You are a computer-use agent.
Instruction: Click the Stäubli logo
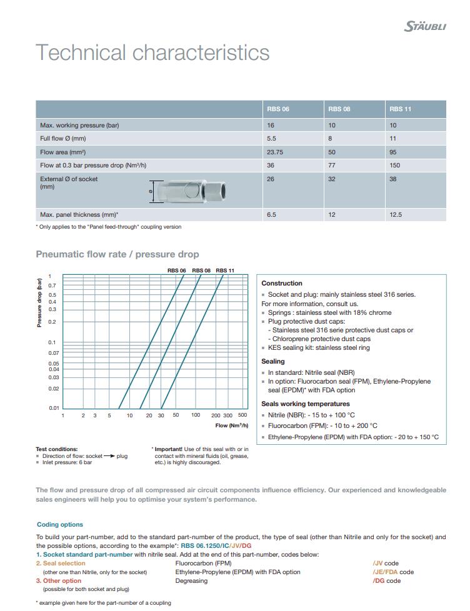[x=426, y=26]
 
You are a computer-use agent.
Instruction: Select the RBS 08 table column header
[x=339, y=109]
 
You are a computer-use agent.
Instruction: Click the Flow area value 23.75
[x=275, y=152]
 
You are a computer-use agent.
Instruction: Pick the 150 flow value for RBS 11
[x=395, y=166]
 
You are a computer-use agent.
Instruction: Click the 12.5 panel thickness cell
[x=396, y=214]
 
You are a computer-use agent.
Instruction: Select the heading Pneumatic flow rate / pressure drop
[x=117, y=254]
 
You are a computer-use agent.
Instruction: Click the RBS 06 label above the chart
[x=176, y=270]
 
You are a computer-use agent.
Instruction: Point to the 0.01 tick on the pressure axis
[x=54, y=408]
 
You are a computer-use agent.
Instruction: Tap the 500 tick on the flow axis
[x=242, y=415]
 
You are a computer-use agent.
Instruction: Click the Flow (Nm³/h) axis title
[x=231, y=425]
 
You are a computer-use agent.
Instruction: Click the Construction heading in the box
[x=282, y=283]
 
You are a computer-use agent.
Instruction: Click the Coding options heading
[x=59, y=525]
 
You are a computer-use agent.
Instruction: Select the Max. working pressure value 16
[x=271, y=125]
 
